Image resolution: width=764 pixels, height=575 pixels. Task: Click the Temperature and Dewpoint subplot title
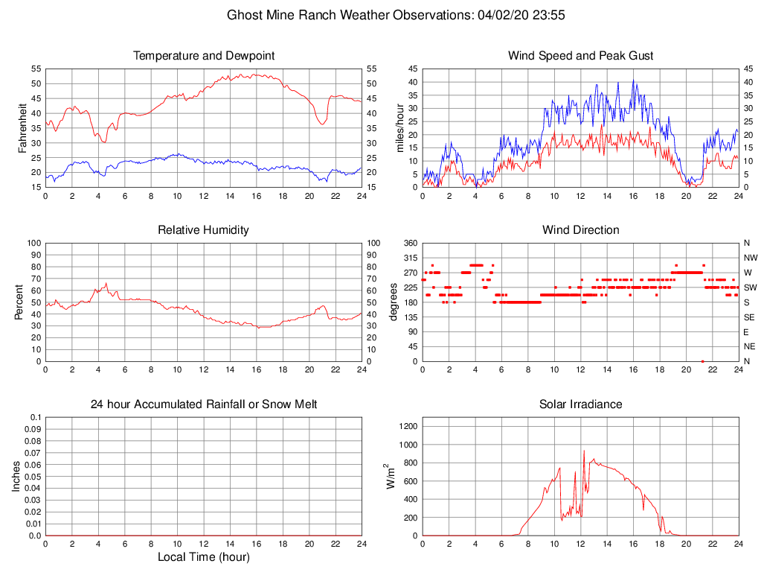click(203, 56)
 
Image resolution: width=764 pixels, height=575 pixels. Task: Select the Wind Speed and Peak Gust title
click(580, 56)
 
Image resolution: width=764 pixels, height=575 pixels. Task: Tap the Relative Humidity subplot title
click(203, 230)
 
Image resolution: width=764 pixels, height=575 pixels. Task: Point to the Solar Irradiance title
click(580, 404)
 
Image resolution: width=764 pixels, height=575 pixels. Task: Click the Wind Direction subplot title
click(580, 230)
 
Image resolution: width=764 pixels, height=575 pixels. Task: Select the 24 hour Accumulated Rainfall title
click(203, 404)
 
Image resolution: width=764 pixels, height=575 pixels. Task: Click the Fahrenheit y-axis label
click(23, 127)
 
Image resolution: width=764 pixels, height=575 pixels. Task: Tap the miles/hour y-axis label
click(401, 127)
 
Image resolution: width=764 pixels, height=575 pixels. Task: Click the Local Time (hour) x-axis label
click(203, 557)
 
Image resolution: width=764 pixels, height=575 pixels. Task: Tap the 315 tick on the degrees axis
click(408, 258)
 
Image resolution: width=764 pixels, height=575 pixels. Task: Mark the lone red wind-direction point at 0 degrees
click(703, 361)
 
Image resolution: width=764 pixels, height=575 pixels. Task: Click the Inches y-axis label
click(16, 476)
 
